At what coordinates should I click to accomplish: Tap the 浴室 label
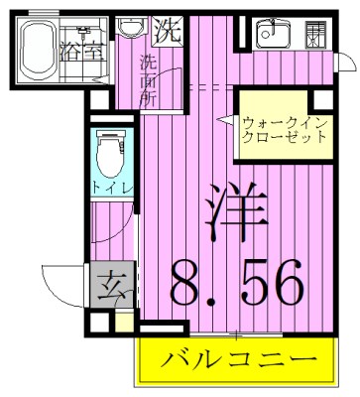78,49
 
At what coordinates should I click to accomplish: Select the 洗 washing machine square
170,30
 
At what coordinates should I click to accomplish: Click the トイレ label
105,188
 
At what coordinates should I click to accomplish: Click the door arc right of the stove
344,62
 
